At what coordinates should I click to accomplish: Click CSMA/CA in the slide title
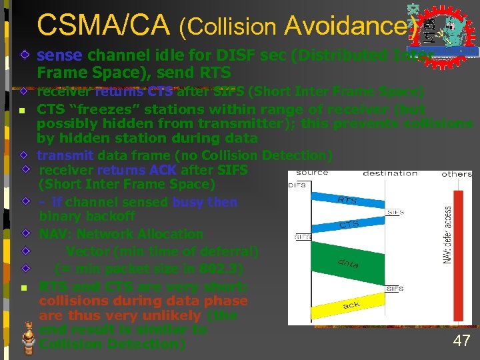click(x=104, y=25)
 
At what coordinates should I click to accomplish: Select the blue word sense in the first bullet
click(x=60, y=55)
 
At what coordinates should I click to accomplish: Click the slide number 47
click(x=461, y=341)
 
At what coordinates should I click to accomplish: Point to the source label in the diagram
click(x=312, y=173)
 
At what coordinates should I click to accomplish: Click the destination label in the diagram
click(x=390, y=173)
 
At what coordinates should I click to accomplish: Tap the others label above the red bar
click(x=457, y=174)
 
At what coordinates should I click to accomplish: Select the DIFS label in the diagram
click(x=297, y=185)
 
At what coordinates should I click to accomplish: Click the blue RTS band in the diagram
click(x=347, y=199)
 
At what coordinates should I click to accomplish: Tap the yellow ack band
click(x=351, y=305)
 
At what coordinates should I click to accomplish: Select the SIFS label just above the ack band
click(x=395, y=289)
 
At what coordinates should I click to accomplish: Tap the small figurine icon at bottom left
click(x=27, y=337)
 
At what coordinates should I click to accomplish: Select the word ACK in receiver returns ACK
click(x=163, y=170)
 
